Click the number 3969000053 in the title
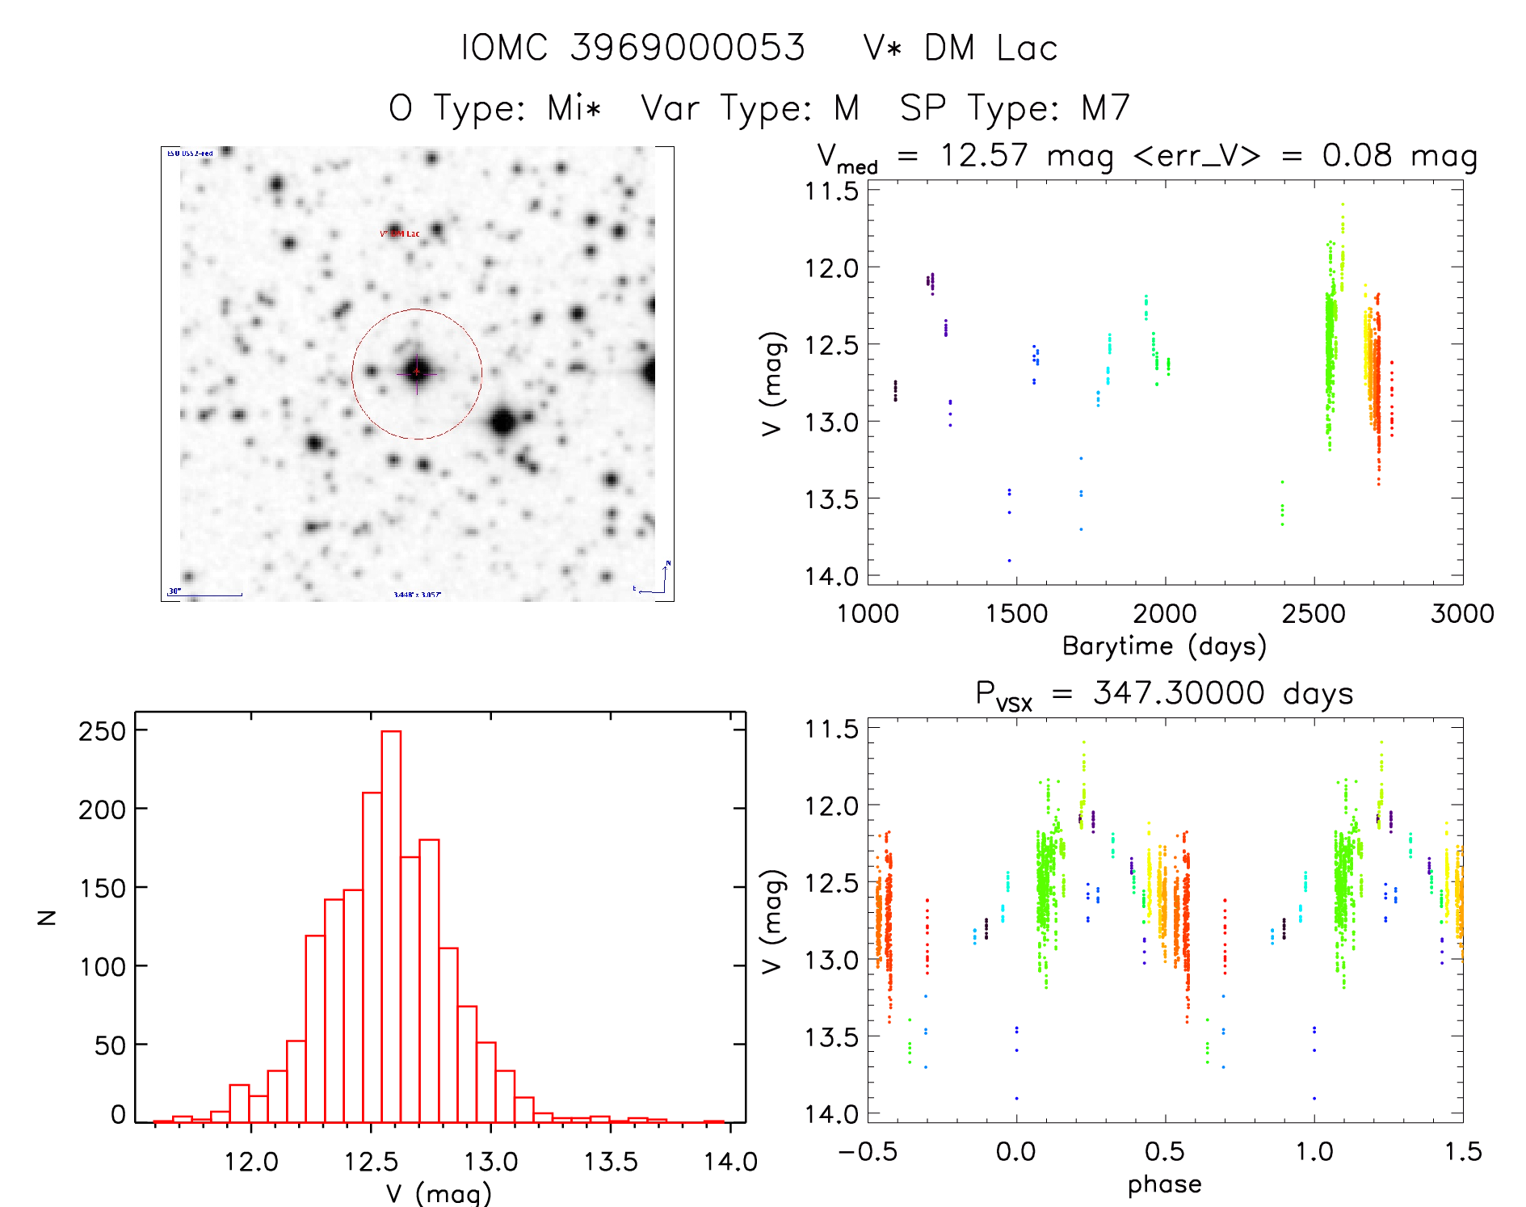coord(687,48)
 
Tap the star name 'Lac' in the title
coord(1027,48)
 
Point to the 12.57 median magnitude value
coord(983,155)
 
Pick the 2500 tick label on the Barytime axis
coord(1314,614)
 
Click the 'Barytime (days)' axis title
coord(1164,646)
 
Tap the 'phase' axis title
coord(1164,1184)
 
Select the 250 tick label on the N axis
coord(102,731)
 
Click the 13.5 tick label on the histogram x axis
coord(611,1162)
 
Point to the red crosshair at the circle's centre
coord(417,372)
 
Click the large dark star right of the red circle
coord(503,422)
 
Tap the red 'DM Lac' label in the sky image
coord(401,234)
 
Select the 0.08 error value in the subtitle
coord(1356,155)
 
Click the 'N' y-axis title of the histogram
coord(48,917)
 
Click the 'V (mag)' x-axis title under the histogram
coord(439,1193)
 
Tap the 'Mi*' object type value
coord(574,108)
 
